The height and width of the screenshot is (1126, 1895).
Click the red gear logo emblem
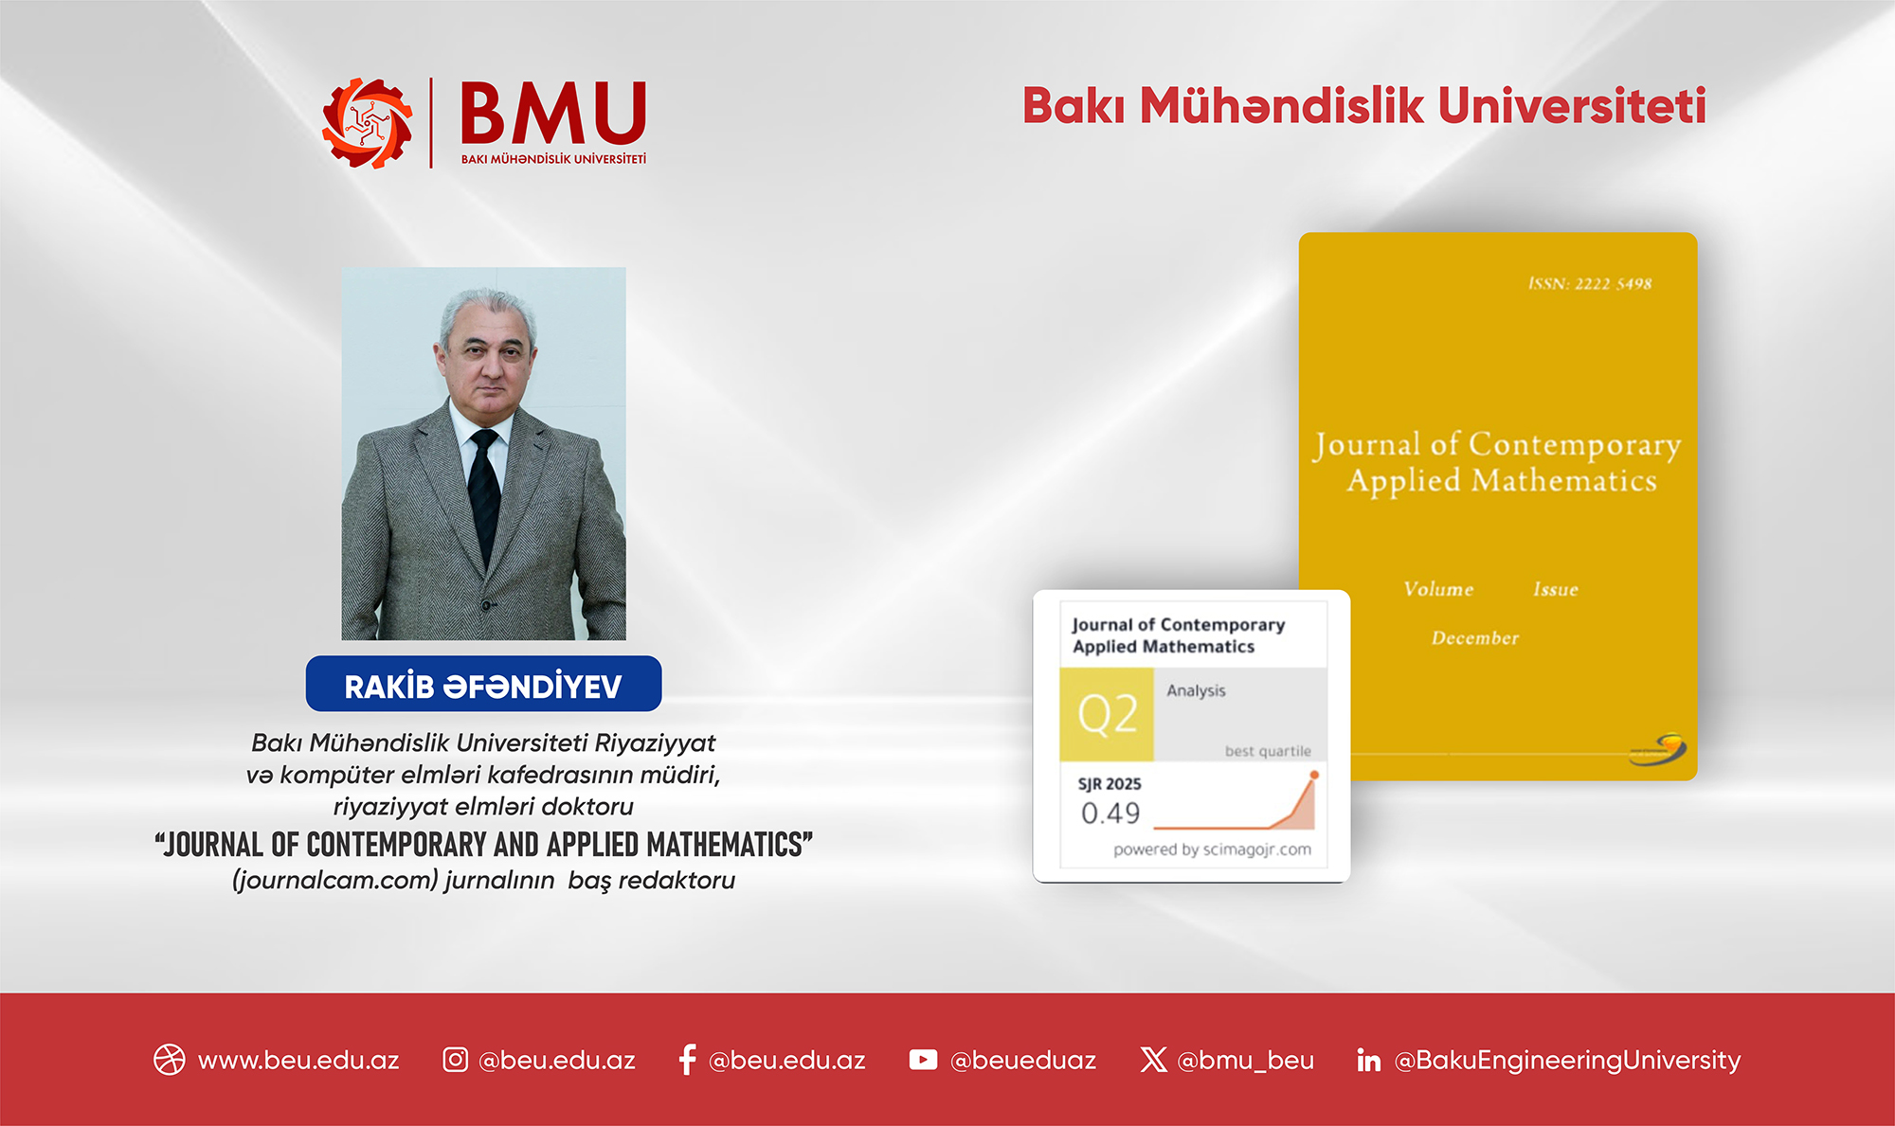click(x=368, y=123)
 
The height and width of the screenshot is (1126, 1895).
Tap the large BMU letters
click(x=553, y=114)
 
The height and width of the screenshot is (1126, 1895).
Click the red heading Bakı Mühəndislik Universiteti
click(x=1363, y=105)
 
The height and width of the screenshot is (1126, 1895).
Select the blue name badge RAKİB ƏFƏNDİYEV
click(x=483, y=685)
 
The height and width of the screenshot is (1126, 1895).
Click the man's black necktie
click(x=484, y=492)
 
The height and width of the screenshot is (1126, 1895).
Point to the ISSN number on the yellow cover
click(x=1589, y=284)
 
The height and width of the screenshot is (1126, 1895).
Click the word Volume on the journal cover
click(x=1438, y=589)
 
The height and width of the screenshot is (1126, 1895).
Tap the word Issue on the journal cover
click(x=1556, y=589)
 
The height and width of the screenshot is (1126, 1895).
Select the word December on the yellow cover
click(x=1474, y=638)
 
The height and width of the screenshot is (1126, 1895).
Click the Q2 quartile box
click(x=1107, y=714)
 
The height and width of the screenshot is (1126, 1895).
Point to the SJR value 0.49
click(x=1110, y=813)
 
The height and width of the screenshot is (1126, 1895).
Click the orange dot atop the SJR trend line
click(x=1314, y=775)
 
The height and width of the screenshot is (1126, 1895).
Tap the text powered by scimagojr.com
click(x=1212, y=849)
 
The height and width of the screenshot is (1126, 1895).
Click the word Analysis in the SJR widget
click(x=1196, y=691)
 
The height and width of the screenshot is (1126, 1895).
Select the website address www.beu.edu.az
click(x=298, y=1060)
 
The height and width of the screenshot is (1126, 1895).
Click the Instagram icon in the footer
click(x=455, y=1060)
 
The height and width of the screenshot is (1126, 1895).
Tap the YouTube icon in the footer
click(x=923, y=1060)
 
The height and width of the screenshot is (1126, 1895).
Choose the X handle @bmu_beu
click(x=1245, y=1060)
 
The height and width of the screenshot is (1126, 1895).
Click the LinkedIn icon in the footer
click(x=1368, y=1060)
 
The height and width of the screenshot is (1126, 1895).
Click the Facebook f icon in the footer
click(x=688, y=1060)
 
